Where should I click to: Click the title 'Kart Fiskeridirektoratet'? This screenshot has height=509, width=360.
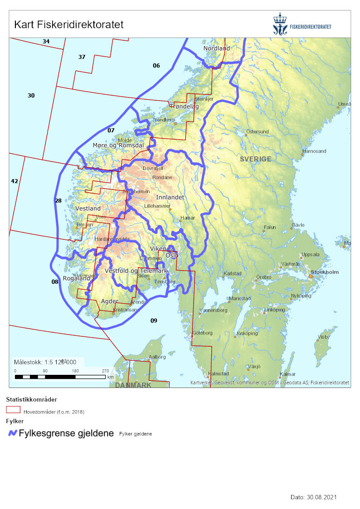(x=69, y=24)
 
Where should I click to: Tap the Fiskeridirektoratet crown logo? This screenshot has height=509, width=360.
(x=280, y=25)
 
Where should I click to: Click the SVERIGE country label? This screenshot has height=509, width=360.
(x=256, y=159)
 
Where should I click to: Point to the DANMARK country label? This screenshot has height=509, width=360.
(x=132, y=385)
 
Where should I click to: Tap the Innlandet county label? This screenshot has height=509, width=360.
(x=170, y=198)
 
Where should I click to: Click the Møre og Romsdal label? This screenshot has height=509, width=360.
(x=118, y=145)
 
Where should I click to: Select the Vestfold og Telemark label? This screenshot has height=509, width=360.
(x=136, y=271)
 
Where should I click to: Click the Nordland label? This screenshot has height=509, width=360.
(x=216, y=48)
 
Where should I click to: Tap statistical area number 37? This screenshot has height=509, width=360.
(x=82, y=57)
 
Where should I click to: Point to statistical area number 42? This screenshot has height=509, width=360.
(x=15, y=181)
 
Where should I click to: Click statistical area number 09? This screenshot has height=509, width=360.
(x=154, y=321)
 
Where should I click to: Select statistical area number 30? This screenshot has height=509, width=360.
(x=31, y=96)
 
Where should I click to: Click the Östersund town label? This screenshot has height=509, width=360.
(x=257, y=132)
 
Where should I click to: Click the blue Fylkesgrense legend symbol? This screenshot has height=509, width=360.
(x=13, y=433)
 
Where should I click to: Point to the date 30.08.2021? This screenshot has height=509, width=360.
(x=314, y=497)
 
